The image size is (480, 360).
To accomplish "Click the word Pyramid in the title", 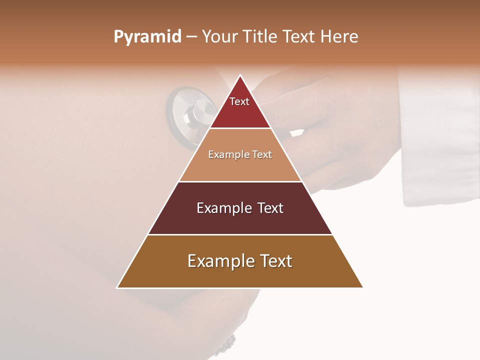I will pos(147,37).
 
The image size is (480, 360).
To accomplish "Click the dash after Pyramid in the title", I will pos(191,37).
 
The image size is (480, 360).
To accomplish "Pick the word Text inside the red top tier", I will pos(239,101).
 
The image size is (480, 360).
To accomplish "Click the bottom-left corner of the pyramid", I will pos(117,287).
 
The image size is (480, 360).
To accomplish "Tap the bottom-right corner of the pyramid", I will pos(362,287).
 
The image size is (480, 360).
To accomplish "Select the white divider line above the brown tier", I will pos(240,234).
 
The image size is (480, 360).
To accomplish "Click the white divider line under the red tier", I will pos(240,128).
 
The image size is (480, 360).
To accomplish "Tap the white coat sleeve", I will pos(440,140).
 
